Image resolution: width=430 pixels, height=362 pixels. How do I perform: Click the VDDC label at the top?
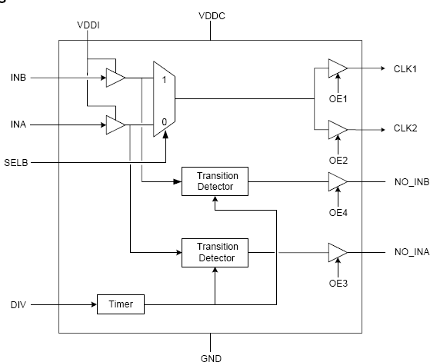pyautogui.click(x=211, y=15)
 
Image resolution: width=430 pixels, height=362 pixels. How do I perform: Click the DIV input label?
pyautogui.click(x=18, y=304)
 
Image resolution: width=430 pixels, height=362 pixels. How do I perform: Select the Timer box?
pyautogui.click(x=120, y=304)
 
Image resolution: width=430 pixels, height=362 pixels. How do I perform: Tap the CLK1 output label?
pyautogui.click(x=405, y=69)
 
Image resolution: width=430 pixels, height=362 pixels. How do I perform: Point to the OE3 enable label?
pyautogui.click(x=338, y=284)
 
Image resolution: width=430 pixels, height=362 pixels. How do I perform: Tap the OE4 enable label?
pyautogui.click(x=338, y=213)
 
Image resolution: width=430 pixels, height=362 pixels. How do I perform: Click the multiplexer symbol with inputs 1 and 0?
pyautogui.click(x=164, y=99)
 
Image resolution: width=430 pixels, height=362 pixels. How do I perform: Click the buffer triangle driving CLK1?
pyautogui.click(x=337, y=69)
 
